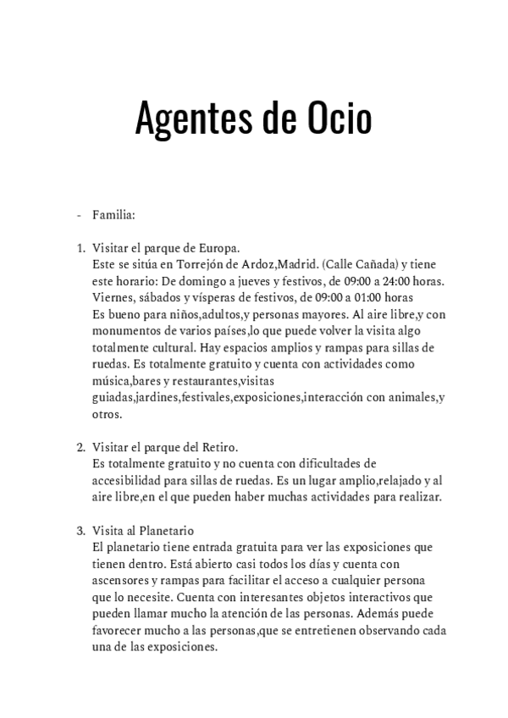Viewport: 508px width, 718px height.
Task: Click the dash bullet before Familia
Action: [x=79, y=216]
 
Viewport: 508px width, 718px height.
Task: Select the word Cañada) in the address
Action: [x=372, y=265]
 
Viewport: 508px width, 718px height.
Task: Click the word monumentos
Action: [x=130, y=331]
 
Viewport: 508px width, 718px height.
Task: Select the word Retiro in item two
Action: [x=218, y=447]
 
